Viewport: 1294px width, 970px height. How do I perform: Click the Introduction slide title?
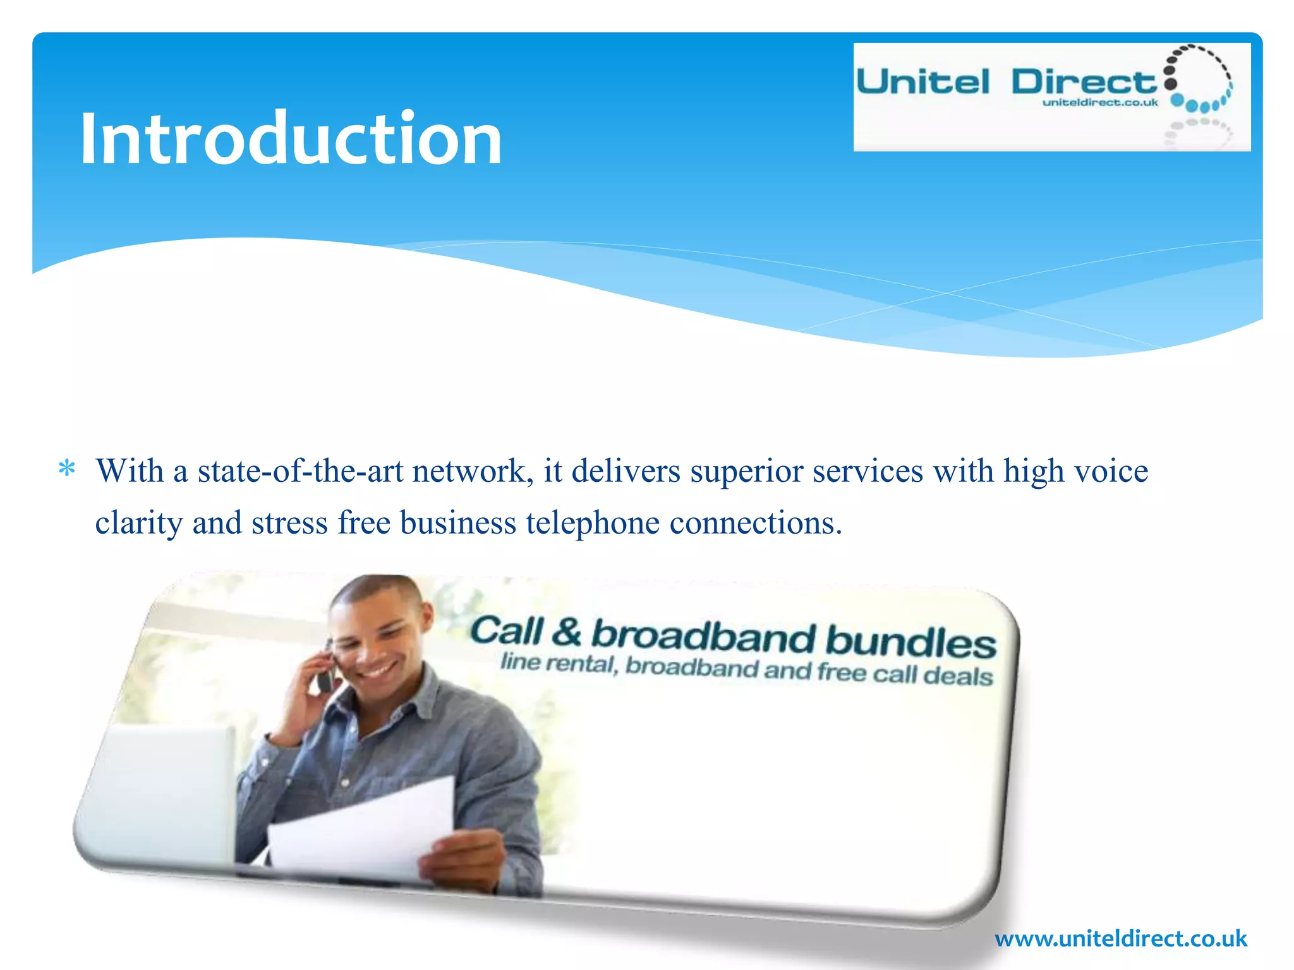(x=291, y=139)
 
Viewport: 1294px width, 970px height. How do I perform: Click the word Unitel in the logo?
(x=922, y=83)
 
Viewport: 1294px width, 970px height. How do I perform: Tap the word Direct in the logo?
(x=1084, y=83)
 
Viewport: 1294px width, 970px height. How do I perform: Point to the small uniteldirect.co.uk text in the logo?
(x=1100, y=102)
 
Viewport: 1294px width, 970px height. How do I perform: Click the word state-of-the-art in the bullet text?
(x=300, y=471)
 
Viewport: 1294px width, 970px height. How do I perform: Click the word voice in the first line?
(x=1111, y=471)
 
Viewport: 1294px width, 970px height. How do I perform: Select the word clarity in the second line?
(x=139, y=523)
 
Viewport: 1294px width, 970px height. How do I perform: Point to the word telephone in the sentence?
(x=593, y=523)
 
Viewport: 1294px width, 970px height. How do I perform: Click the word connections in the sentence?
(x=756, y=523)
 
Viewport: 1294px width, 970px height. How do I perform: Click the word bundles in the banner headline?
(x=910, y=641)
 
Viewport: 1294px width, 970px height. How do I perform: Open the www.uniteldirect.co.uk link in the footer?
(x=1121, y=938)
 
